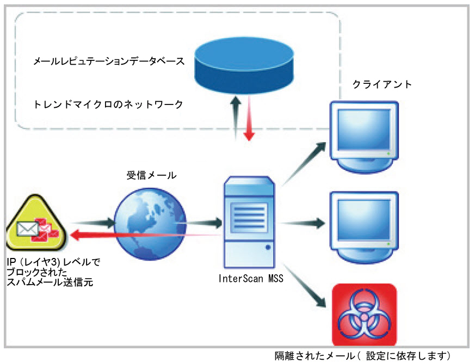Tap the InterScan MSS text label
(x=250, y=279)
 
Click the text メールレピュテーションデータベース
(x=109, y=62)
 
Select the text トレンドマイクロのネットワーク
(x=108, y=103)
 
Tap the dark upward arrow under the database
(x=235, y=117)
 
